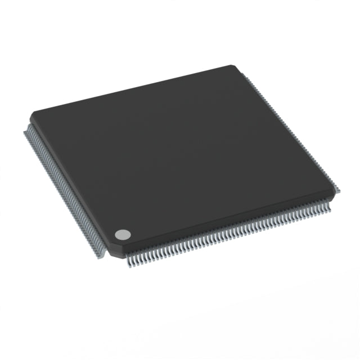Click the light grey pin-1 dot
tap(123, 235)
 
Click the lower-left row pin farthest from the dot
tap(26, 132)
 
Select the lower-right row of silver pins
tap(231, 236)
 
